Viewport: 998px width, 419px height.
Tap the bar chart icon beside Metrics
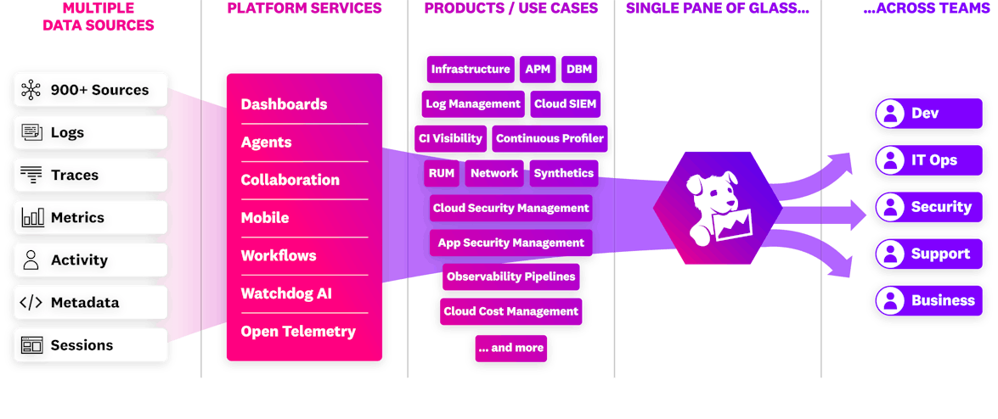tap(32, 218)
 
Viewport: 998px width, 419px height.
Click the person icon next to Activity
tap(31, 260)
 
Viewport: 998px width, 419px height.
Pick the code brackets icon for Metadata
tap(31, 303)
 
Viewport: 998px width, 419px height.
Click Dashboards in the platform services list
tap(284, 104)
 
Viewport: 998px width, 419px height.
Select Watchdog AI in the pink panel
tap(285, 293)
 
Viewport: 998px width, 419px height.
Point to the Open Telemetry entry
tap(297, 332)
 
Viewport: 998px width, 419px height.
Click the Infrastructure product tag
tap(470, 70)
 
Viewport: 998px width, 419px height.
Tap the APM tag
tap(538, 70)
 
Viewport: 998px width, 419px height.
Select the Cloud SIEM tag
tap(565, 104)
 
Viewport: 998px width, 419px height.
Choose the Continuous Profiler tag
tap(550, 138)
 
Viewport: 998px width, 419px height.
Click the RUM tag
tap(442, 173)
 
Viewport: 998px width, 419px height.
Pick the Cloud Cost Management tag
tap(510, 311)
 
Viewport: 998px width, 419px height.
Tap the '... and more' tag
tap(510, 348)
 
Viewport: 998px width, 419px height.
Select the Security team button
tap(924, 207)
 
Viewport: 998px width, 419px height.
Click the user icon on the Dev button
tap(890, 114)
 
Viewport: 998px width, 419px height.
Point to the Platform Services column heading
tap(304, 8)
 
